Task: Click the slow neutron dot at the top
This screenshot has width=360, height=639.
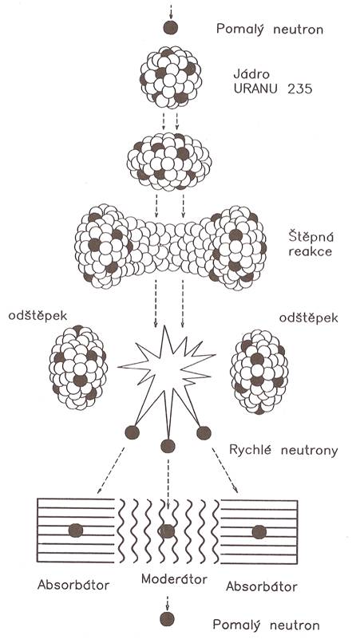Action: click(x=170, y=27)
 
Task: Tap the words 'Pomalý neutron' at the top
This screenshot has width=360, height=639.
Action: click(x=270, y=29)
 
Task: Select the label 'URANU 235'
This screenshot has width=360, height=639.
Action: click(x=273, y=89)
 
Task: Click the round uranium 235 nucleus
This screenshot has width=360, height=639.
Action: click(x=170, y=77)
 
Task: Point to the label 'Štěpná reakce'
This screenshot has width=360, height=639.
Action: click(x=310, y=243)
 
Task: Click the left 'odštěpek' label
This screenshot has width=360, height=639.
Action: click(x=38, y=317)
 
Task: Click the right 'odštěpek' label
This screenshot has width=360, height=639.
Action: click(x=309, y=318)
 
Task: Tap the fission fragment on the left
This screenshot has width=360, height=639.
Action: click(x=78, y=367)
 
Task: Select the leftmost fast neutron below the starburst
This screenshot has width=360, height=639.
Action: click(x=132, y=432)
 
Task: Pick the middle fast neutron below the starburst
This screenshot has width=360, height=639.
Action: click(x=168, y=446)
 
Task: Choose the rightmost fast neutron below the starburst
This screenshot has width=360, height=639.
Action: click(x=204, y=433)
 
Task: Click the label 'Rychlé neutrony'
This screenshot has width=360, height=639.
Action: click(x=283, y=450)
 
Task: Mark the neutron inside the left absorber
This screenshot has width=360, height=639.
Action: click(x=76, y=531)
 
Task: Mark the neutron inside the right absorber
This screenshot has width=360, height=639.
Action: click(x=259, y=532)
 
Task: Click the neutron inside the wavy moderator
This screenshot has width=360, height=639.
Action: click(x=167, y=531)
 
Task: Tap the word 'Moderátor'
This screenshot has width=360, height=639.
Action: click(x=174, y=578)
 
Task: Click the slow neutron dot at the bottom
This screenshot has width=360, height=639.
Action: click(x=167, y=619)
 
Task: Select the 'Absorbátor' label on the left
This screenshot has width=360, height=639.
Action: click(x=73, y=585)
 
